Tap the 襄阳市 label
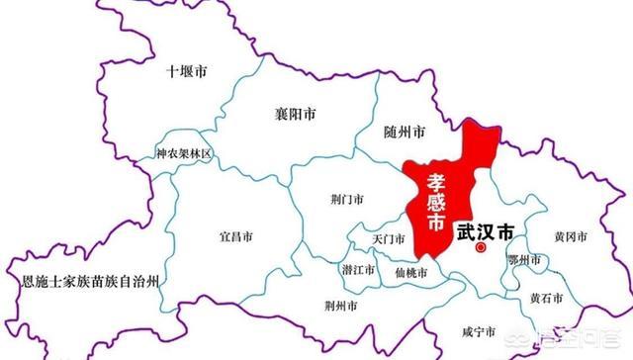tap(296, 115)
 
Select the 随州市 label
tap(404, 132)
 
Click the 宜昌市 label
tap(235, 237)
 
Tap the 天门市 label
tap(388, 239)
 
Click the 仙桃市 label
tap(409, 272)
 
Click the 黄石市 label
tap(546, 297)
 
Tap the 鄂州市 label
tap(523, 260)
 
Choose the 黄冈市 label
tap(571, 237)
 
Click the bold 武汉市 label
tap(486, 231)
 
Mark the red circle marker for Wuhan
tap(481, 249)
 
